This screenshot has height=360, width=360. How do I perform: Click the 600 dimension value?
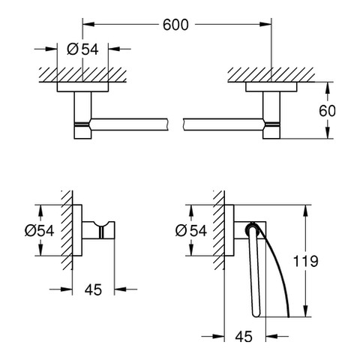pos(175,25)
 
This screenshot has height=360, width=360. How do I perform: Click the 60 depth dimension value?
pos(327,111)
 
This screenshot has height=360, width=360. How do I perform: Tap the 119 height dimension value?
pos(305,261)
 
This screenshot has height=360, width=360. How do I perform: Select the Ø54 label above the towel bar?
pos(82,49)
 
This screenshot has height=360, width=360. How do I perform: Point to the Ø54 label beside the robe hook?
pos(39,230)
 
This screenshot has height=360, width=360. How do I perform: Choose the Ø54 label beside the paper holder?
pos(191,230)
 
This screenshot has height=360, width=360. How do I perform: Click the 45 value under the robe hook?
pos(93,289)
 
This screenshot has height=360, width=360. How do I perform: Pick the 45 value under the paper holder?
pos(244,337)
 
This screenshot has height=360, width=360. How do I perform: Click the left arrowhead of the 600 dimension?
pos(88,24)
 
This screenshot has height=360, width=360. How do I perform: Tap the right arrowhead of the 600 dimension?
pos(265,24)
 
